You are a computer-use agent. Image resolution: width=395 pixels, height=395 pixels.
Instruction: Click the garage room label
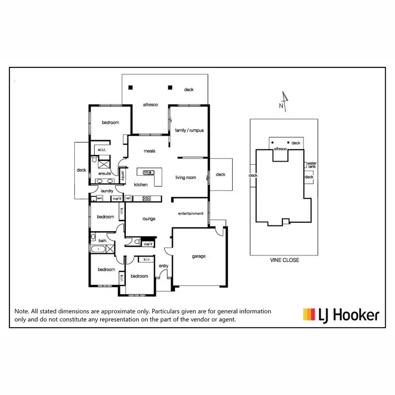199,256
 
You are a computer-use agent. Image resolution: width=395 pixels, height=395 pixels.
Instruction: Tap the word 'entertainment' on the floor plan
191,213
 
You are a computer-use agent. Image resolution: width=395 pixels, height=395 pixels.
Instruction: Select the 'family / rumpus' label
189,130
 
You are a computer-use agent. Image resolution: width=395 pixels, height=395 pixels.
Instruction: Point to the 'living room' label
185,177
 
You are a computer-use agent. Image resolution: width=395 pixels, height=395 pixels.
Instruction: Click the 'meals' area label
150,151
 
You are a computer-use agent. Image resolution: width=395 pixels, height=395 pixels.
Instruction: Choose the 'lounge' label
149,219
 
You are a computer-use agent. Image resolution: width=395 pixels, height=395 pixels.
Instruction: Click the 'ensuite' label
104,173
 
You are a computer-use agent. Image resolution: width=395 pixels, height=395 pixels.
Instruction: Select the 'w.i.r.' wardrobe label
102,149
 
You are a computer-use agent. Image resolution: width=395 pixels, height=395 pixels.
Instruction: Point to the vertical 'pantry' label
123,175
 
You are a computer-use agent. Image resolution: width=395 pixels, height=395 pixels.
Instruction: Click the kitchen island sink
149,172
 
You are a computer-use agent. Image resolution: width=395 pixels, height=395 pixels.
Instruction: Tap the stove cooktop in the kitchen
146,199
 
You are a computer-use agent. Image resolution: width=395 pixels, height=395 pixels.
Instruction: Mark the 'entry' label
163,266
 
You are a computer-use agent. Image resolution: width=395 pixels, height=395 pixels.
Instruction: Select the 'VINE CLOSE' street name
282,260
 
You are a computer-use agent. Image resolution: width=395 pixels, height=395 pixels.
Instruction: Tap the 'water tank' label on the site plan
312,165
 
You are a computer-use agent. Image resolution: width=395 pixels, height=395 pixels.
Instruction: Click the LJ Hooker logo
340,315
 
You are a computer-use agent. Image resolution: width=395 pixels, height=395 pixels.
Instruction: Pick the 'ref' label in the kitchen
127,199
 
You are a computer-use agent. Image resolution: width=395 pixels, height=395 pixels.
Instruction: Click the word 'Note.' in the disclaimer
22,312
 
